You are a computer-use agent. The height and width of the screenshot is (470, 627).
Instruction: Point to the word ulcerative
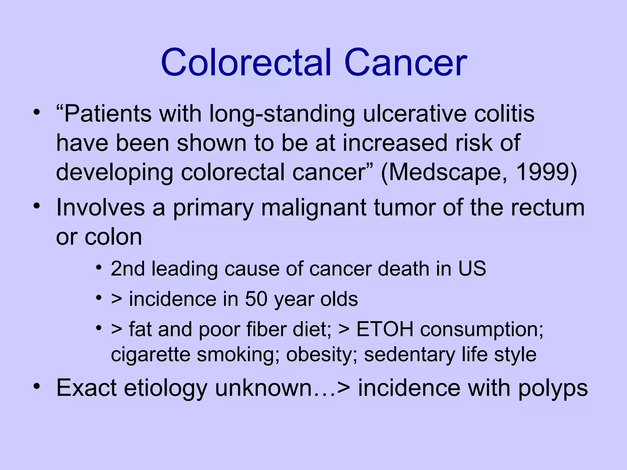point(415,114)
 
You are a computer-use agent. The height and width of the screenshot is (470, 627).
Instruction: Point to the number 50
point(256,299)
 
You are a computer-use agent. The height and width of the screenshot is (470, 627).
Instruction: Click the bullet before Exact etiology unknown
point(37,386)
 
